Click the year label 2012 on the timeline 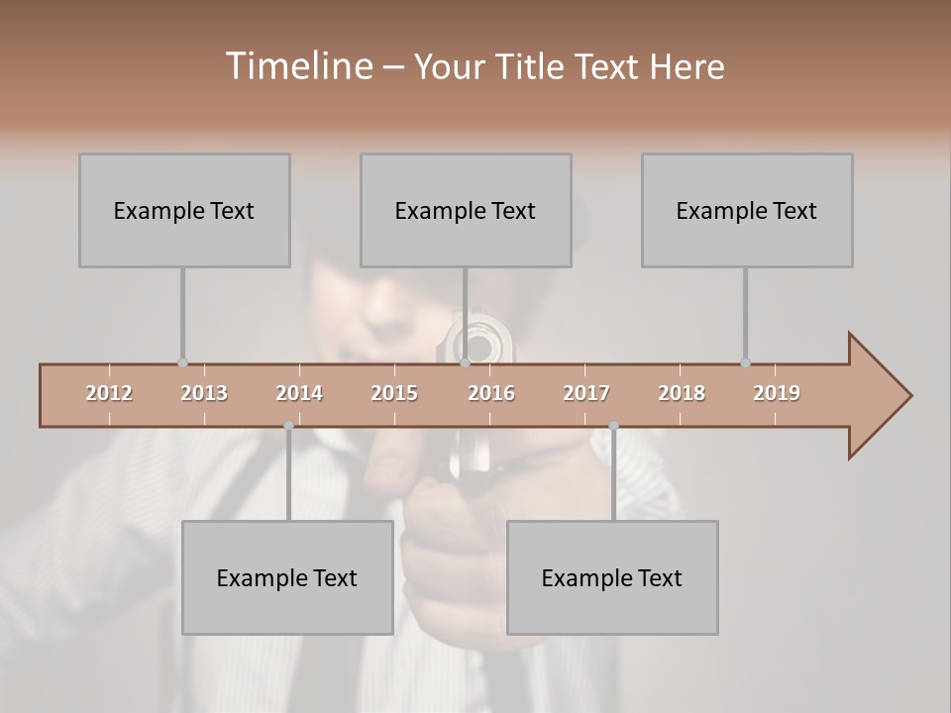109,393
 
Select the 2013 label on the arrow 204,393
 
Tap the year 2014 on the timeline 299,393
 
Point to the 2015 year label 394,393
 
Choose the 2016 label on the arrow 491,393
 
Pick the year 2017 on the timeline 586,393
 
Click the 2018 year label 682,393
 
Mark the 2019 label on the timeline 777,393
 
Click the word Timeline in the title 296,66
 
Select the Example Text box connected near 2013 184,210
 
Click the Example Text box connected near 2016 466,210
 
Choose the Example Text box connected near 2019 747,210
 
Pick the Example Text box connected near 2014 287,577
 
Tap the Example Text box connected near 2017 612,577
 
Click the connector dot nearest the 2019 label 745,362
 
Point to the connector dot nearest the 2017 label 613,426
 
